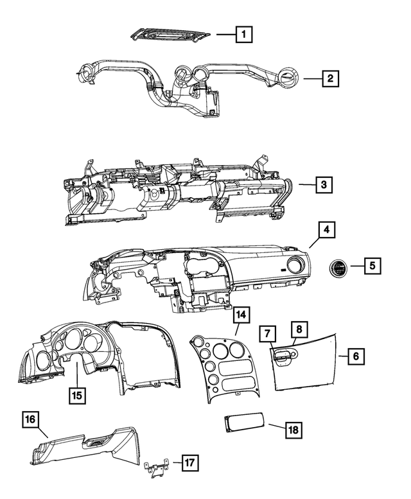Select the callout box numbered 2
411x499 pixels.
click(x=329, y=79)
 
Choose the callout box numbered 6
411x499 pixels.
click(x=356, y=356)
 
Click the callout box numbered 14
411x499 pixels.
click(x=241, y=315)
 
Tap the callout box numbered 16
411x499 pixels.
click(x=30, y=420)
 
